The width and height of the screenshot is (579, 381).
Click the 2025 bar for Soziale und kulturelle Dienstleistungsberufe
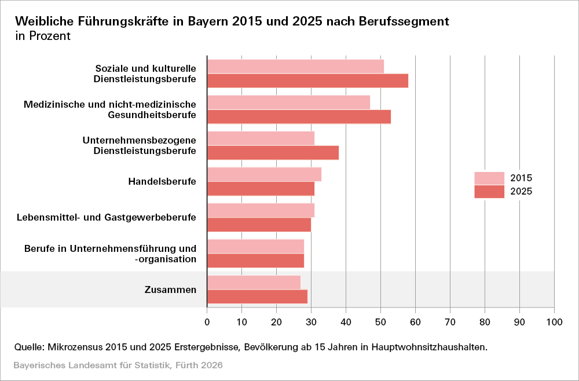(x=307, y=80)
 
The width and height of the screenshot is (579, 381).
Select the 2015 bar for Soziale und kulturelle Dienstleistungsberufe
(x=295, y=66)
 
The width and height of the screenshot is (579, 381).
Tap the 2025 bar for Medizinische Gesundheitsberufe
(x=299, y=116)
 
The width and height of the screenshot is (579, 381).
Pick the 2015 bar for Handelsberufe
(x=264, y=174)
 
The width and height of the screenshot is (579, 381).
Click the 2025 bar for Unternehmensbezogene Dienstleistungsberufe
(x=273, y=152)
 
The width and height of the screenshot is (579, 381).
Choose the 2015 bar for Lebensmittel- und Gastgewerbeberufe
(x=261, y=210)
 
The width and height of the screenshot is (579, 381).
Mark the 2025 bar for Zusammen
(x=257, y=296)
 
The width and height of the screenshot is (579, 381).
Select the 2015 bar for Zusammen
(x=254, y=282)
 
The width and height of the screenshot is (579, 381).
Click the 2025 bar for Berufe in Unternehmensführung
(x=255, y=261)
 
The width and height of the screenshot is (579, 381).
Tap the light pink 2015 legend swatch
(x=489, y=178)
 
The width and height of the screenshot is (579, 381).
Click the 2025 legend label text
(x=521, y=192)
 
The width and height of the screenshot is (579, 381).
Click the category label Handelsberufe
(x=162, y=181)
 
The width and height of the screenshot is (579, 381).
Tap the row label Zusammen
(x=170, y=290)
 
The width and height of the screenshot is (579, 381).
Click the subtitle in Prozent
(x=43, y=36)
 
